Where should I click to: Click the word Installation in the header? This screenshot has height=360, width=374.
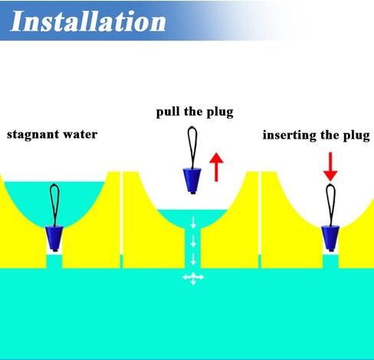tap(88, 21)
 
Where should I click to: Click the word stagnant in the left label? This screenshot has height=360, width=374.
tap(33, 135)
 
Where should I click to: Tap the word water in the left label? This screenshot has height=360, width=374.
tap(80, 135)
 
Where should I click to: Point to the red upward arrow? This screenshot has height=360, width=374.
tap(216, 167)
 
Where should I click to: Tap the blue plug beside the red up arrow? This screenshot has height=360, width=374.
tap(192, 181)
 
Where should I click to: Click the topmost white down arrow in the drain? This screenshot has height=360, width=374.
tap(193, 222)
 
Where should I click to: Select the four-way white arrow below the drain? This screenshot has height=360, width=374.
tap(193, 278)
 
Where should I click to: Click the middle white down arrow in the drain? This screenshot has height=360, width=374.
tap(193, 241)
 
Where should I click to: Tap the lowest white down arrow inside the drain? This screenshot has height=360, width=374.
tap(193, 259)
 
